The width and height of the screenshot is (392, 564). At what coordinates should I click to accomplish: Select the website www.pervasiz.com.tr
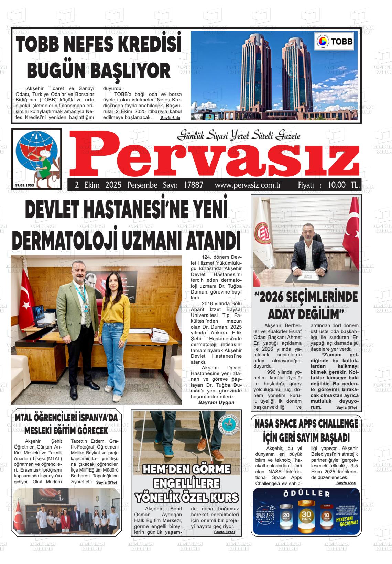pyautogui.click(x=248, y=185)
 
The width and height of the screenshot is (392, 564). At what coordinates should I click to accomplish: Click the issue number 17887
pyautogui.click(x=194, y=185)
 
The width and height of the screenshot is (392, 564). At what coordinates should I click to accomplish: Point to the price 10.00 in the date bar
pyautogui.click(x=337, y=185)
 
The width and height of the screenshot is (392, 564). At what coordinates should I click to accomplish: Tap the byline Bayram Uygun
pyautogui.click(x=216, y=402)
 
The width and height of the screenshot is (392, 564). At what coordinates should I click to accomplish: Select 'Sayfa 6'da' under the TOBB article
pyautogui.click(x=170, y=118)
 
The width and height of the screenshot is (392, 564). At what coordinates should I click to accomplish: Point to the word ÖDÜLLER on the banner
pyautogui.click(x=306, y=494)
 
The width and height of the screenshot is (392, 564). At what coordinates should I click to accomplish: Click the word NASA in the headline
pyautogui.click(x=265, y=423)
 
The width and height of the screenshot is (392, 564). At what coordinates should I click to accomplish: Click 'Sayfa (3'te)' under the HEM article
pyautogui.click(x=224, y=532)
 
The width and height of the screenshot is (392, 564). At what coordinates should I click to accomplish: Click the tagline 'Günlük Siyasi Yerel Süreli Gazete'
pyautogui.click(x=239, y=136)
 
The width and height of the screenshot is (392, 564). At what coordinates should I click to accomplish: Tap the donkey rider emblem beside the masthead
pyautogui.click(x=37, y=158)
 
